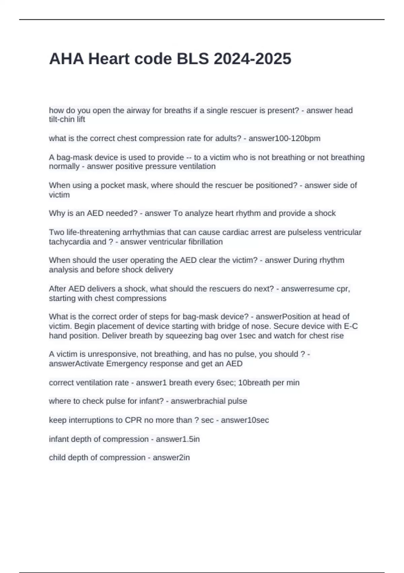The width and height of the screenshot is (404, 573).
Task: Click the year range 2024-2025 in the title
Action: tap(252, 59)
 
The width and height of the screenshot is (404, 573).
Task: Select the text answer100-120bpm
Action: tap(284, 139)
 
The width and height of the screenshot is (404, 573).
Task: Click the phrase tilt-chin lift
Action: tap(67, 120)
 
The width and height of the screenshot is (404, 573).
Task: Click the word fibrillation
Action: tap(202, 242)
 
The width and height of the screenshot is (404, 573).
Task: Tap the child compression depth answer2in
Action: tap(171, 458)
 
